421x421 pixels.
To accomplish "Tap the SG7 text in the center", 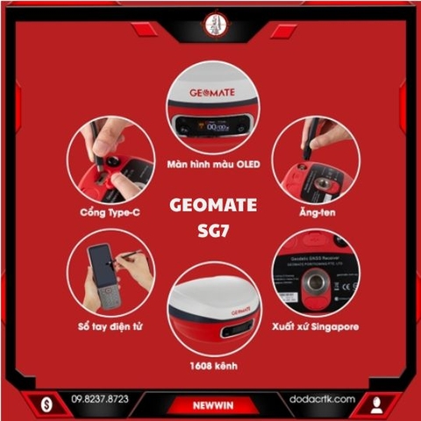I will [x=211, y=230].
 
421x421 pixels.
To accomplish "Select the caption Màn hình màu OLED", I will [x=211, y=164].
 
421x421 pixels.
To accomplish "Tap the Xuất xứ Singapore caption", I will [x=316, y=326].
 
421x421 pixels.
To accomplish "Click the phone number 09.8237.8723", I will [x=99, y=399].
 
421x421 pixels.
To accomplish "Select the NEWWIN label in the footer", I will [x=210, y=406].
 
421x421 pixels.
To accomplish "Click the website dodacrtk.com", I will [x=321, y=399].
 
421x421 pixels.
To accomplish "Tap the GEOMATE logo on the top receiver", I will [x=210, y=90].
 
